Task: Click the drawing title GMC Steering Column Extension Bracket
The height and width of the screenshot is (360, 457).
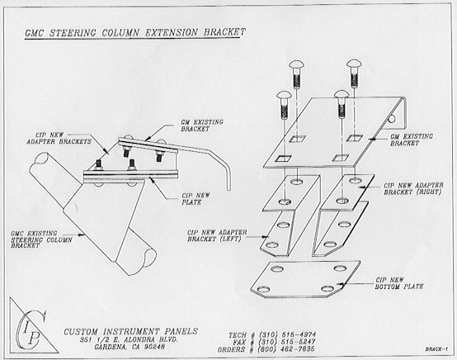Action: [x=135, y=32]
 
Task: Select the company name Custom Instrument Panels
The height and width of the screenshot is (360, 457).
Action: [x=131, y=332]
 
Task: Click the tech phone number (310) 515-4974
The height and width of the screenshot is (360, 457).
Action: [x=287, y=334]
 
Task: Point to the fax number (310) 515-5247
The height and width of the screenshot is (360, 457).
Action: [x=287, y=342]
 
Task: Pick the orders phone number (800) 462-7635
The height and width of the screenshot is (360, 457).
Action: [x=287, y=349]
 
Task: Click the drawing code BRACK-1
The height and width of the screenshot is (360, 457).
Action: [x=436, y=349]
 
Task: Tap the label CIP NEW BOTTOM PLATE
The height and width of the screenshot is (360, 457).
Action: [x=399, y=283]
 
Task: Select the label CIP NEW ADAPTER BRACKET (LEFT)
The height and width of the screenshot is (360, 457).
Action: [x=217, y=235]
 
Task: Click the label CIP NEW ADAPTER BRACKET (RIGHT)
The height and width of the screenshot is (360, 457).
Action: [x=413, y=189]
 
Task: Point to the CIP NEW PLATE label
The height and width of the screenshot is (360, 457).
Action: [x=196, y=199]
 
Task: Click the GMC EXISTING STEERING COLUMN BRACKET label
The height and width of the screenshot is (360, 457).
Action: [x=41, y=239]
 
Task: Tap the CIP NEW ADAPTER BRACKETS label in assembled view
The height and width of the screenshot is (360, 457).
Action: [x=59, y=139]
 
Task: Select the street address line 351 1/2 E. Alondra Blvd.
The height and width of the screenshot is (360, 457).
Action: [x=129, y=340]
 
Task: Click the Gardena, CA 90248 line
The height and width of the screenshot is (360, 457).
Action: [x=130, y=347]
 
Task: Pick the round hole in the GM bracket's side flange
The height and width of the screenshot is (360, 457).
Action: [x=393, y=119]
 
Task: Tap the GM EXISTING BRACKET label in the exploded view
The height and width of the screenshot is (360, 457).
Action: [x=412, y=140]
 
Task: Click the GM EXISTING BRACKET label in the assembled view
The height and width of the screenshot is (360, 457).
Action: [x=202, y=126]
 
